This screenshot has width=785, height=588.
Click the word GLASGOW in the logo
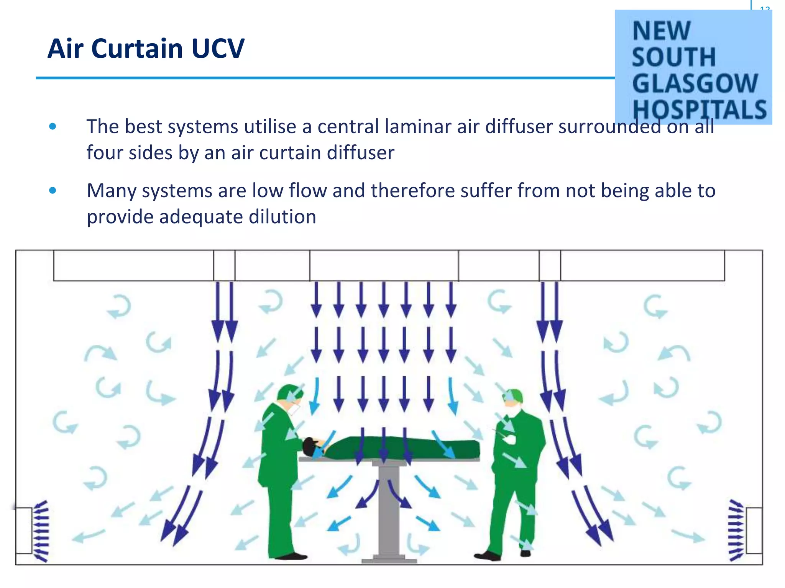tap(695, 83)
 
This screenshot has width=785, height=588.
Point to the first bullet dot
tap(53, 126)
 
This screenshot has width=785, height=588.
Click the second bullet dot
tap(53, 190)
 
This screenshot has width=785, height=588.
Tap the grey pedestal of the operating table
tap(389, 509)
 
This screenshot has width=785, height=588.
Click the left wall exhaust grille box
tap(24, 530)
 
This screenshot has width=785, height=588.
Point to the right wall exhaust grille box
tap(754, 530)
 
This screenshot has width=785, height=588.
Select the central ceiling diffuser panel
tap(384, 265)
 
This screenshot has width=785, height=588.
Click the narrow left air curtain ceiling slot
tap(224, 265)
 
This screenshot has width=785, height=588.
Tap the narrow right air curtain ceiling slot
tap(550, 265)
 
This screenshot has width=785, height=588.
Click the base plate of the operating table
tap(389, 560)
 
